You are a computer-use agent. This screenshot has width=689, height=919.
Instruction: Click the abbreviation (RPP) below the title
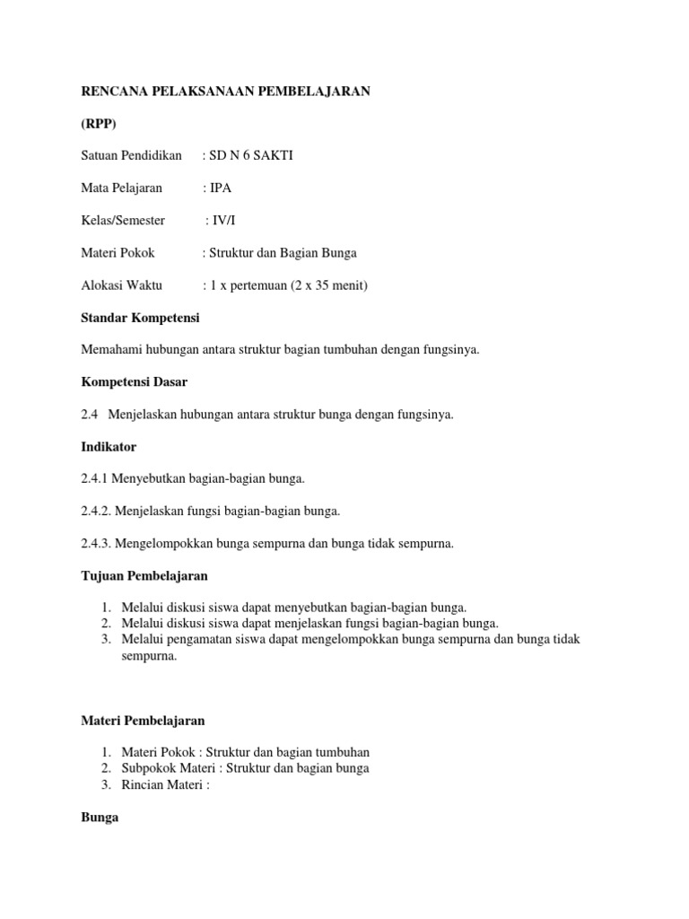click(99, 123)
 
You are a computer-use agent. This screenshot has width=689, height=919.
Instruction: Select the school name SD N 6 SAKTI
click(251, 155)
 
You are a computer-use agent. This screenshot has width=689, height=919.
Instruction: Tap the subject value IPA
click(221, 188)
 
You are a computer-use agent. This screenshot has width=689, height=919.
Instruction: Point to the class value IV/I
click(223, 221)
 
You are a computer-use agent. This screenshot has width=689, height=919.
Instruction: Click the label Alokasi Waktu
click(122, 285)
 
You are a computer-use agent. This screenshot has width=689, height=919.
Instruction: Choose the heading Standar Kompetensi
click(141, 318)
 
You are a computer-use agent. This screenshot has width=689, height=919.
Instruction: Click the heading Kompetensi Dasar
click(135, 382)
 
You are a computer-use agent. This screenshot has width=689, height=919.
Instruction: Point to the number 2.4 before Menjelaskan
click(91, 415)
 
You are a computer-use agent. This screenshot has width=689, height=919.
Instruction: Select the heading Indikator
click(109, 446)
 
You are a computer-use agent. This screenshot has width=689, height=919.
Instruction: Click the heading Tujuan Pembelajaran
click(144, 575)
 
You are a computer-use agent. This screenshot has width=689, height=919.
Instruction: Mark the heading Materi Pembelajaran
click(144, 720)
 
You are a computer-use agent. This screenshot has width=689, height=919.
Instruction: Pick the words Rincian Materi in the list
click(162, 785)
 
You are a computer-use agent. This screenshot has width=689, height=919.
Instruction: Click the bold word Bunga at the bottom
click(100, 818)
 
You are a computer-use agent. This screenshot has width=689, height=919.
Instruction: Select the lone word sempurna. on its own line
click(150, 656)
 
